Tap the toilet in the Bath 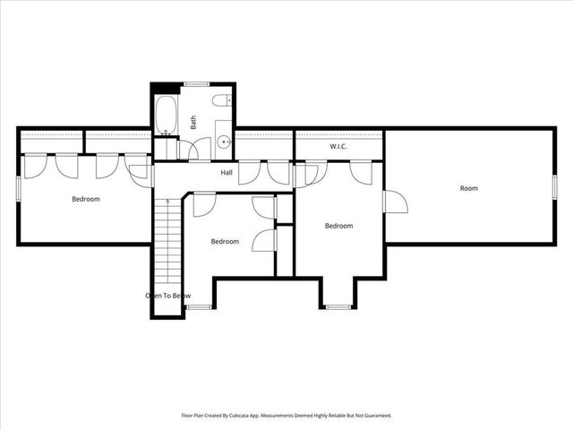tap(223, 103)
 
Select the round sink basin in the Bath tap(221, 142)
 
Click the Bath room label tap(192, 122)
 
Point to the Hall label tap(227, 173)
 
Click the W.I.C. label tap(338, 146)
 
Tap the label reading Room tap(468, 188)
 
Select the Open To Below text tap(167, 295)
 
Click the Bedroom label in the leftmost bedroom tap(86, 199)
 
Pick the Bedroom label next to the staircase tap(225, 241)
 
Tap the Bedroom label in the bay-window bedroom tap(338, 226)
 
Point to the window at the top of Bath tap(196, 84)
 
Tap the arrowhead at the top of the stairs tap(167, 202)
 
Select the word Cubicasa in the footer tap(257, 416)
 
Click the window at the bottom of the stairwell tap(197, 307)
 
